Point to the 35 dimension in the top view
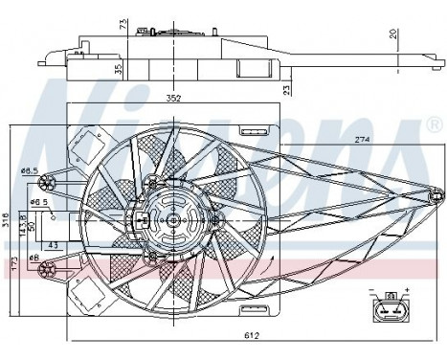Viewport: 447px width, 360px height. [x=117, y=69]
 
